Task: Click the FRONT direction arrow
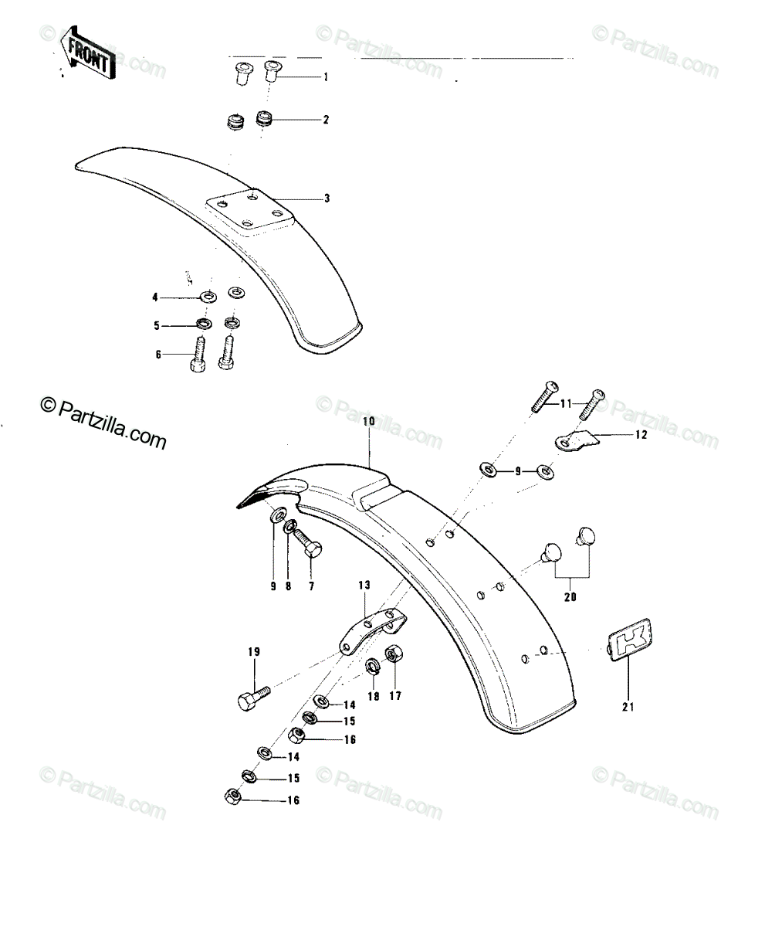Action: point(89,53)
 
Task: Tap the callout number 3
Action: point(327,199)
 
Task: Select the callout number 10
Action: point(369,421)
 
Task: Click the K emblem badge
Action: point(629,640)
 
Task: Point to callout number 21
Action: point(628,707)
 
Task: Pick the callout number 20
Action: point(570,597)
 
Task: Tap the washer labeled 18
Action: point(373,667)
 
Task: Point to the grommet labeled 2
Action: point(265,118)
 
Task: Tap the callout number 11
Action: point(566,404)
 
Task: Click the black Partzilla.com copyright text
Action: point(103,423)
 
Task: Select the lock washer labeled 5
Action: point(204,324)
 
